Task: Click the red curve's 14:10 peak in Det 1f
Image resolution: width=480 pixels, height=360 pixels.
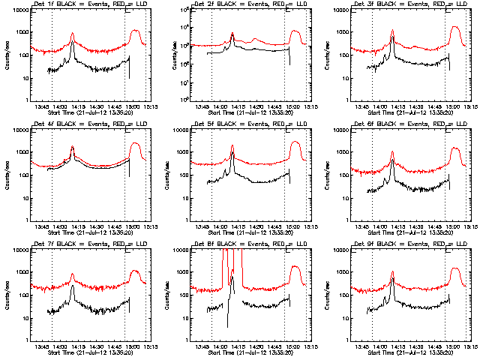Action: (72, 34)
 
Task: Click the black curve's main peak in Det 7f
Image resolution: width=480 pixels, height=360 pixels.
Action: (72, 286)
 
